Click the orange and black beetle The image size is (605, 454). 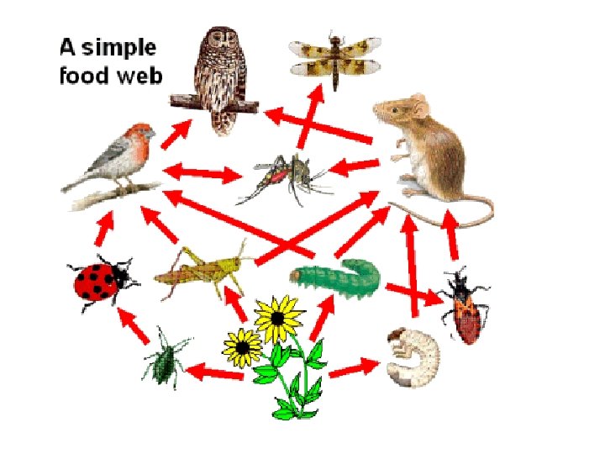tap(465, 307)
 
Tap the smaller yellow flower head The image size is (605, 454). tap(244, 346)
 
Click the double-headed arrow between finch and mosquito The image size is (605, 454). tap(203, 174)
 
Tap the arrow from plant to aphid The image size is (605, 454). tap(215, 371)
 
